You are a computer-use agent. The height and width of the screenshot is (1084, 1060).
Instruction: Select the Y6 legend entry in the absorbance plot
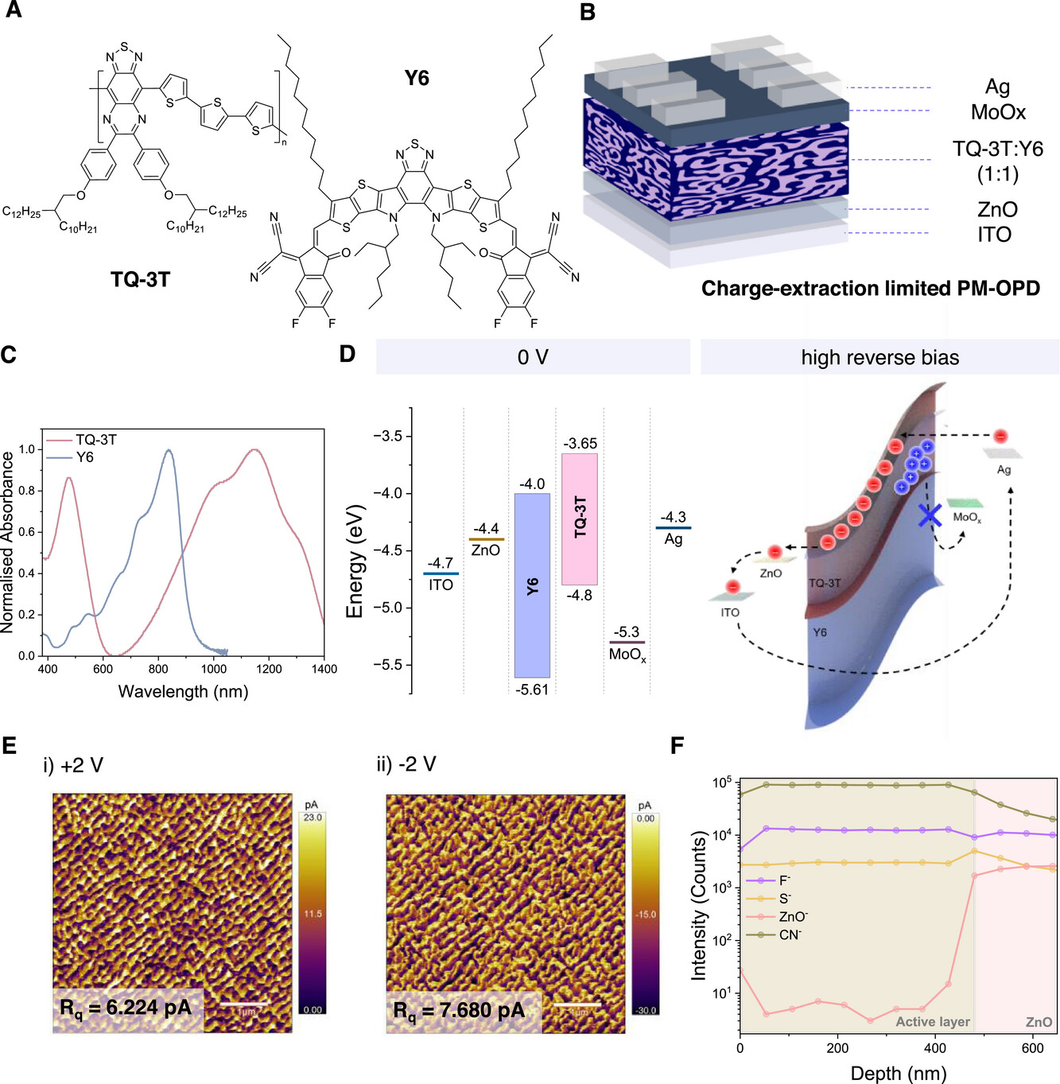(x=84, y=457)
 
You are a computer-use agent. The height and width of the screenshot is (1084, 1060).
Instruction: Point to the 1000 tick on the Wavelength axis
(x=213, y=669)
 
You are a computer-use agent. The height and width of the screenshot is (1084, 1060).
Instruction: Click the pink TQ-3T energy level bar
(x=580, y=519)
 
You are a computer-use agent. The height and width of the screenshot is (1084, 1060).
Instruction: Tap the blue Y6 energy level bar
(x=532, y=585)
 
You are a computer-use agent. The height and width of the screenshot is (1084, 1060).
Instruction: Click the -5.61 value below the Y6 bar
(x=532, y=690)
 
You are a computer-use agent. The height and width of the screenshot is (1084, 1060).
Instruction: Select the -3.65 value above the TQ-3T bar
(x=580, y=444)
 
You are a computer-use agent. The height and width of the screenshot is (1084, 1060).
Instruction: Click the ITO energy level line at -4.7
(x=441, y=573)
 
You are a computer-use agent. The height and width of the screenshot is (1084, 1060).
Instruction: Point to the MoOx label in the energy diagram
(x=627, y=655)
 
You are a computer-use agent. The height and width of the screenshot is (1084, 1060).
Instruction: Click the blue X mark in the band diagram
(x=929, y=515)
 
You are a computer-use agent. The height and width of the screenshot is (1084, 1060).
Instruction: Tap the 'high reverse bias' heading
(x=879, y=358)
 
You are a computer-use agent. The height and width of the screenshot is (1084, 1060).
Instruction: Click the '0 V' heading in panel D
(x=533, y=357)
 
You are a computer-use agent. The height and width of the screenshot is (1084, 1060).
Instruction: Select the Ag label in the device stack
(x=997, y=87)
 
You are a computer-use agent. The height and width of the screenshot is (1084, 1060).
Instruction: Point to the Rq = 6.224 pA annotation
(x=126, y=1008)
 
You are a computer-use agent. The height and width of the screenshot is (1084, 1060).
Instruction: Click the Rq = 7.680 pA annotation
(x=459, y=1011)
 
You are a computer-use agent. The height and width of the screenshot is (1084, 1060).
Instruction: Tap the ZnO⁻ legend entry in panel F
(x=793, y=917)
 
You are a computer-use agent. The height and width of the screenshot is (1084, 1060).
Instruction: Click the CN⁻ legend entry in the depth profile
(x=790, y=934)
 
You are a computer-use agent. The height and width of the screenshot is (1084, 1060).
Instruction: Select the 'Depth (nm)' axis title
(x=899, y=1073)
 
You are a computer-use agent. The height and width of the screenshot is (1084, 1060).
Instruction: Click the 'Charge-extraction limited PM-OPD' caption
(x=871, y=288)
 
